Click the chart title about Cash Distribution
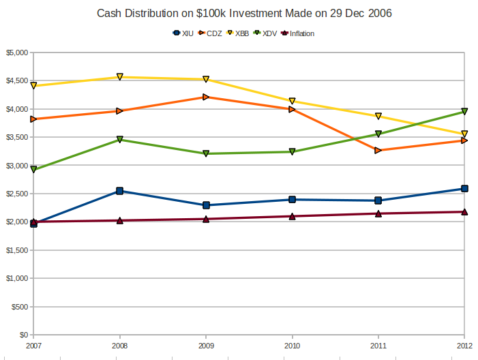239,13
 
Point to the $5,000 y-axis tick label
17,52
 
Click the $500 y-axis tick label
20,307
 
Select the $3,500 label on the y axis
17,137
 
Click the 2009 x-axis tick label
206,345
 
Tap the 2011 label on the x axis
378,345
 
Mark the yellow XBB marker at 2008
120,77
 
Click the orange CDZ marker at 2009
206,97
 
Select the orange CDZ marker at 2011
378,150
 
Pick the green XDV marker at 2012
464,111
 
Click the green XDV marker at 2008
120,139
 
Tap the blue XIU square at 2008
120,191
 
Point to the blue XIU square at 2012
464,189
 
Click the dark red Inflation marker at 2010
293,216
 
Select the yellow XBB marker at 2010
293,101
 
